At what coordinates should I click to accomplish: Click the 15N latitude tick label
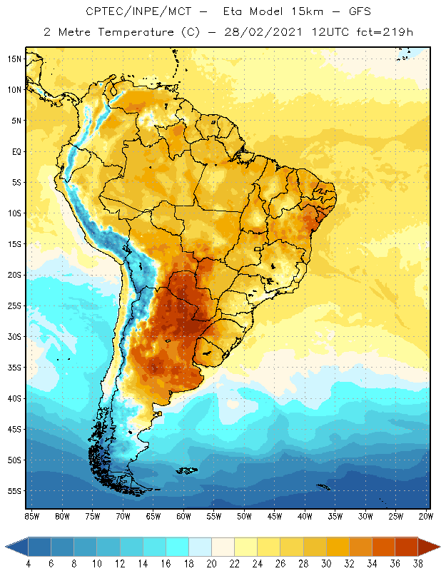coord(14,59)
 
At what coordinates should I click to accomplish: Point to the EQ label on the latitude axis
coord(15,151)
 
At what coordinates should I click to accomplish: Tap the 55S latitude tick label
coord(14,491)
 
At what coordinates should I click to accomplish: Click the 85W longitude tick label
coord(31,516)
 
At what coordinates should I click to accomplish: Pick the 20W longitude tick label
coord(425,516)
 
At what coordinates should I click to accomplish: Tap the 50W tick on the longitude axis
coord(244,516)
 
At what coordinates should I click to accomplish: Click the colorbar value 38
coord(416,563)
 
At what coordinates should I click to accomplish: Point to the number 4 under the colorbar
coord(29,563)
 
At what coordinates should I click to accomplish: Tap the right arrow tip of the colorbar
coord(437,547)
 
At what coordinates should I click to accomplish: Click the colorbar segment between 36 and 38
coord(406,547)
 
